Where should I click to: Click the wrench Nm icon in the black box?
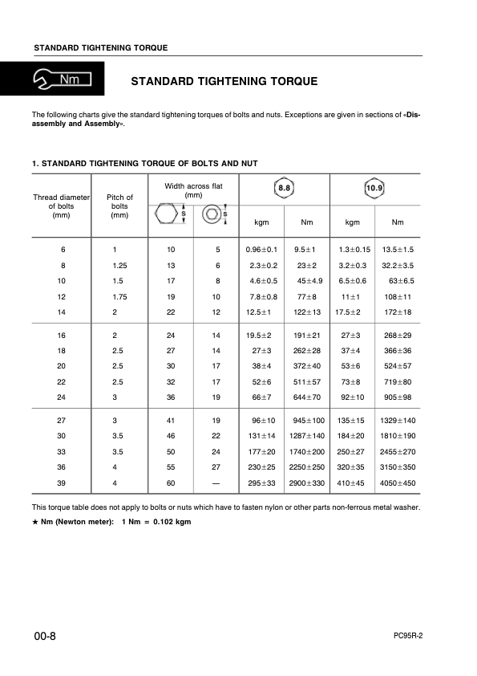tap(63, 79)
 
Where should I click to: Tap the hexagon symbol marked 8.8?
tap(284, 189)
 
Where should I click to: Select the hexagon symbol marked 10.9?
tap(374, 189)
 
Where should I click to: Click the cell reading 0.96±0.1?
tap(261, 250)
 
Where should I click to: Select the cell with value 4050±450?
tap(398, 483)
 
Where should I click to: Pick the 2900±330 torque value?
tap(307, 483)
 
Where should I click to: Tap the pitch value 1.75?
tap(120, 296)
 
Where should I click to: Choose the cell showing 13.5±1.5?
tap(398, 250)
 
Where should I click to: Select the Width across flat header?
tap(193, 190)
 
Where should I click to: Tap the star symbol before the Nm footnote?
tap(34, 522)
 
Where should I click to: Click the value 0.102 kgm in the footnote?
tap(172, 522)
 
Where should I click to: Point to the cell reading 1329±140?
tap(398, 421)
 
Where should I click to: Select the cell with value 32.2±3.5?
tap(398, 265)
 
